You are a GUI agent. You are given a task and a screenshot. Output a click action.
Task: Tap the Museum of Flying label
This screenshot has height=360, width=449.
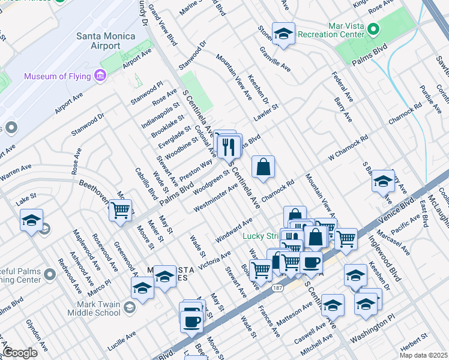(58, 76)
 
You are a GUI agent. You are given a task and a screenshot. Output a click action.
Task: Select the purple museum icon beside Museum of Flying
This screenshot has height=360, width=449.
(100, 76)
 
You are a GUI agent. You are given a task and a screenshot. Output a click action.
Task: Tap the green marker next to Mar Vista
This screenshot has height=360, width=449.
(373, 29)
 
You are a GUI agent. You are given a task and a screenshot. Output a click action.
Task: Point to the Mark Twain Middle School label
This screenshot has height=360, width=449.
(90, 308)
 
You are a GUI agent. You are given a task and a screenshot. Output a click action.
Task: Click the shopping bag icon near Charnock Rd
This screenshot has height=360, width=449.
(263, 168)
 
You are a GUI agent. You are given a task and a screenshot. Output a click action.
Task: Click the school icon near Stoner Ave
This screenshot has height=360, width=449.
(283, 35)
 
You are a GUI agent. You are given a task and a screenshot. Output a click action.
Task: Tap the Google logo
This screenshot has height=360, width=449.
(20, 352)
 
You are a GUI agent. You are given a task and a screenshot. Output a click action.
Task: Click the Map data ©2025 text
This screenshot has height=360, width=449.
(423, 355)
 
